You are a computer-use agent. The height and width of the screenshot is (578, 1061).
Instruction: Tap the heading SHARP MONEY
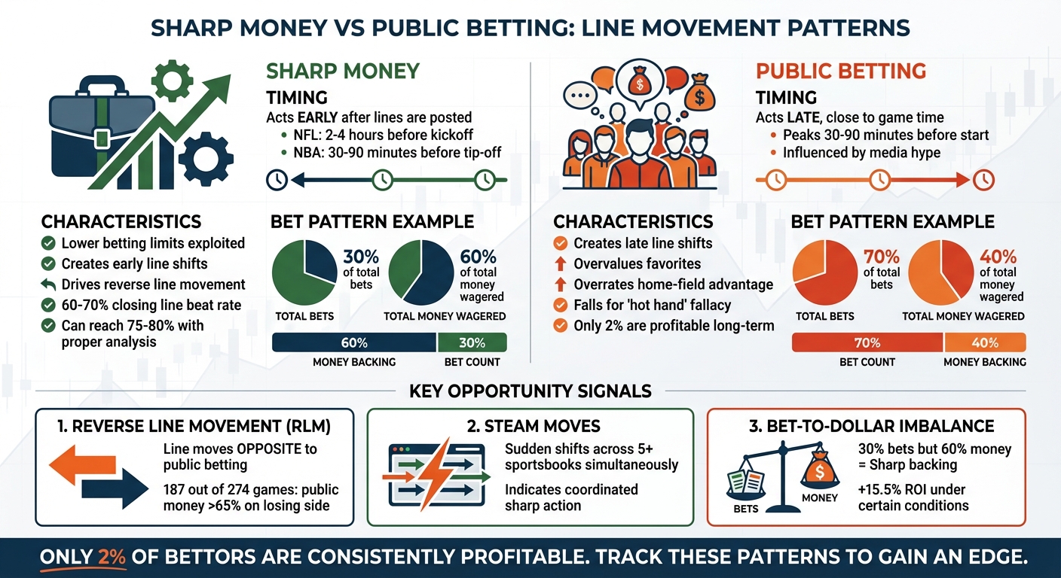pos(343,71)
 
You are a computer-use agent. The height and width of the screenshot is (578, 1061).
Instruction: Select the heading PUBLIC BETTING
pos(840,71)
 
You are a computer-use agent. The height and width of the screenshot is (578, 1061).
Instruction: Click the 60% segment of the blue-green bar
pos(354,343)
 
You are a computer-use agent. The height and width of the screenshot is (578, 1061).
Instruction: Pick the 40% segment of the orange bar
pos(984,343)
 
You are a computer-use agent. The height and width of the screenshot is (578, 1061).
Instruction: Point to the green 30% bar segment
pos(472,343)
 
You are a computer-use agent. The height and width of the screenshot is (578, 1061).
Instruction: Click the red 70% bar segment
pos(867,343)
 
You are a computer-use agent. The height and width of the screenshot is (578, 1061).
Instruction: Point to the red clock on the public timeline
pos(983,180)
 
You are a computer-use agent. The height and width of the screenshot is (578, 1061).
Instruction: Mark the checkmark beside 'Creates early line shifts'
pos(49,264)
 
